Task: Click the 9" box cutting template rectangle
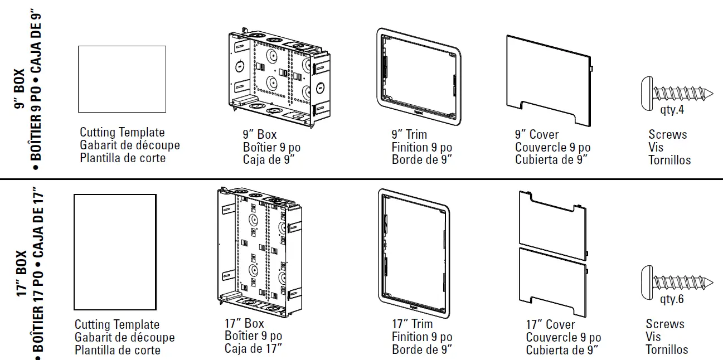(x=122, y=79)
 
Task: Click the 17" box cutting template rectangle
(x=115, y=251)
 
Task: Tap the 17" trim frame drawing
(x=413, y=251)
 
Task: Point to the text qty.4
(x=672, y=110)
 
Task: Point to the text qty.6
(x=672, y=299)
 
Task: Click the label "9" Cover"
(x=536, y=134)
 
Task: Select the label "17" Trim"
(x=412, y=324)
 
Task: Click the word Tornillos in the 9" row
(x=669, y=160)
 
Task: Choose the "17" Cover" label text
(x=550, y=324)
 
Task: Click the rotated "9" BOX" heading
(x=20, y=89)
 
